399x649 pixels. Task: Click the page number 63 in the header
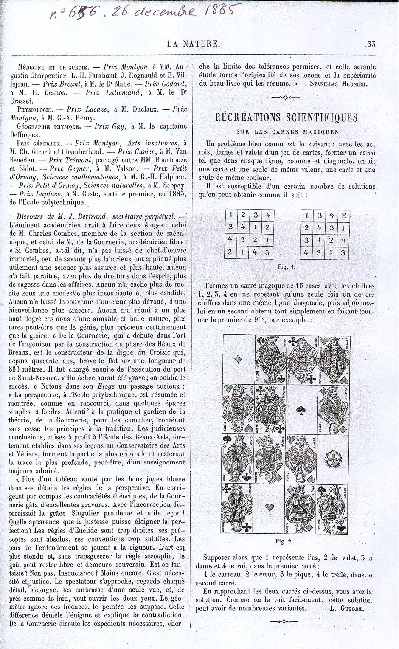(371, 44)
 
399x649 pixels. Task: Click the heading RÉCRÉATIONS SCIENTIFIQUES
(287, 117)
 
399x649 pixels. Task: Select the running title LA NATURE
(192, 43)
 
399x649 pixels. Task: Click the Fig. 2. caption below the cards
(284, 541)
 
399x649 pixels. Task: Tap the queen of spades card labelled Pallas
(333, 509)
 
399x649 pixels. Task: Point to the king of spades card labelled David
(238, 458)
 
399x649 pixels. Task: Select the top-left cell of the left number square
(230, 215)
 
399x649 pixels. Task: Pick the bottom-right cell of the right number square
(344, 253)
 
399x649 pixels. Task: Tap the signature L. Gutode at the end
(352, 608)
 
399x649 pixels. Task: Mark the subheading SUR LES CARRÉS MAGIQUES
(287, 132)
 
